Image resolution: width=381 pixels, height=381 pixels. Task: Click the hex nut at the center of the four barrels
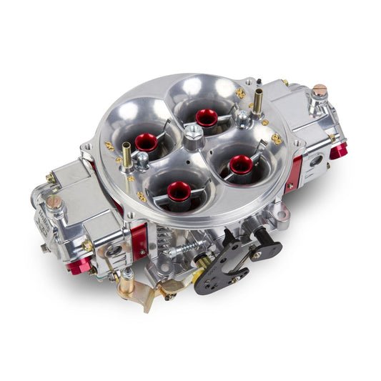click(194, 132)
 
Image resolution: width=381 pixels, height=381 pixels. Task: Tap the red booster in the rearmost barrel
click(207, 117)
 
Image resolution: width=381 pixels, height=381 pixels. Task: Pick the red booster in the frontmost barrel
click(179, 190)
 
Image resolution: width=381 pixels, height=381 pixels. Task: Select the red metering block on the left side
click(140, 241)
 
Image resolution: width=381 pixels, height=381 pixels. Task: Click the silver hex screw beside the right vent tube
click(244, 117)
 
